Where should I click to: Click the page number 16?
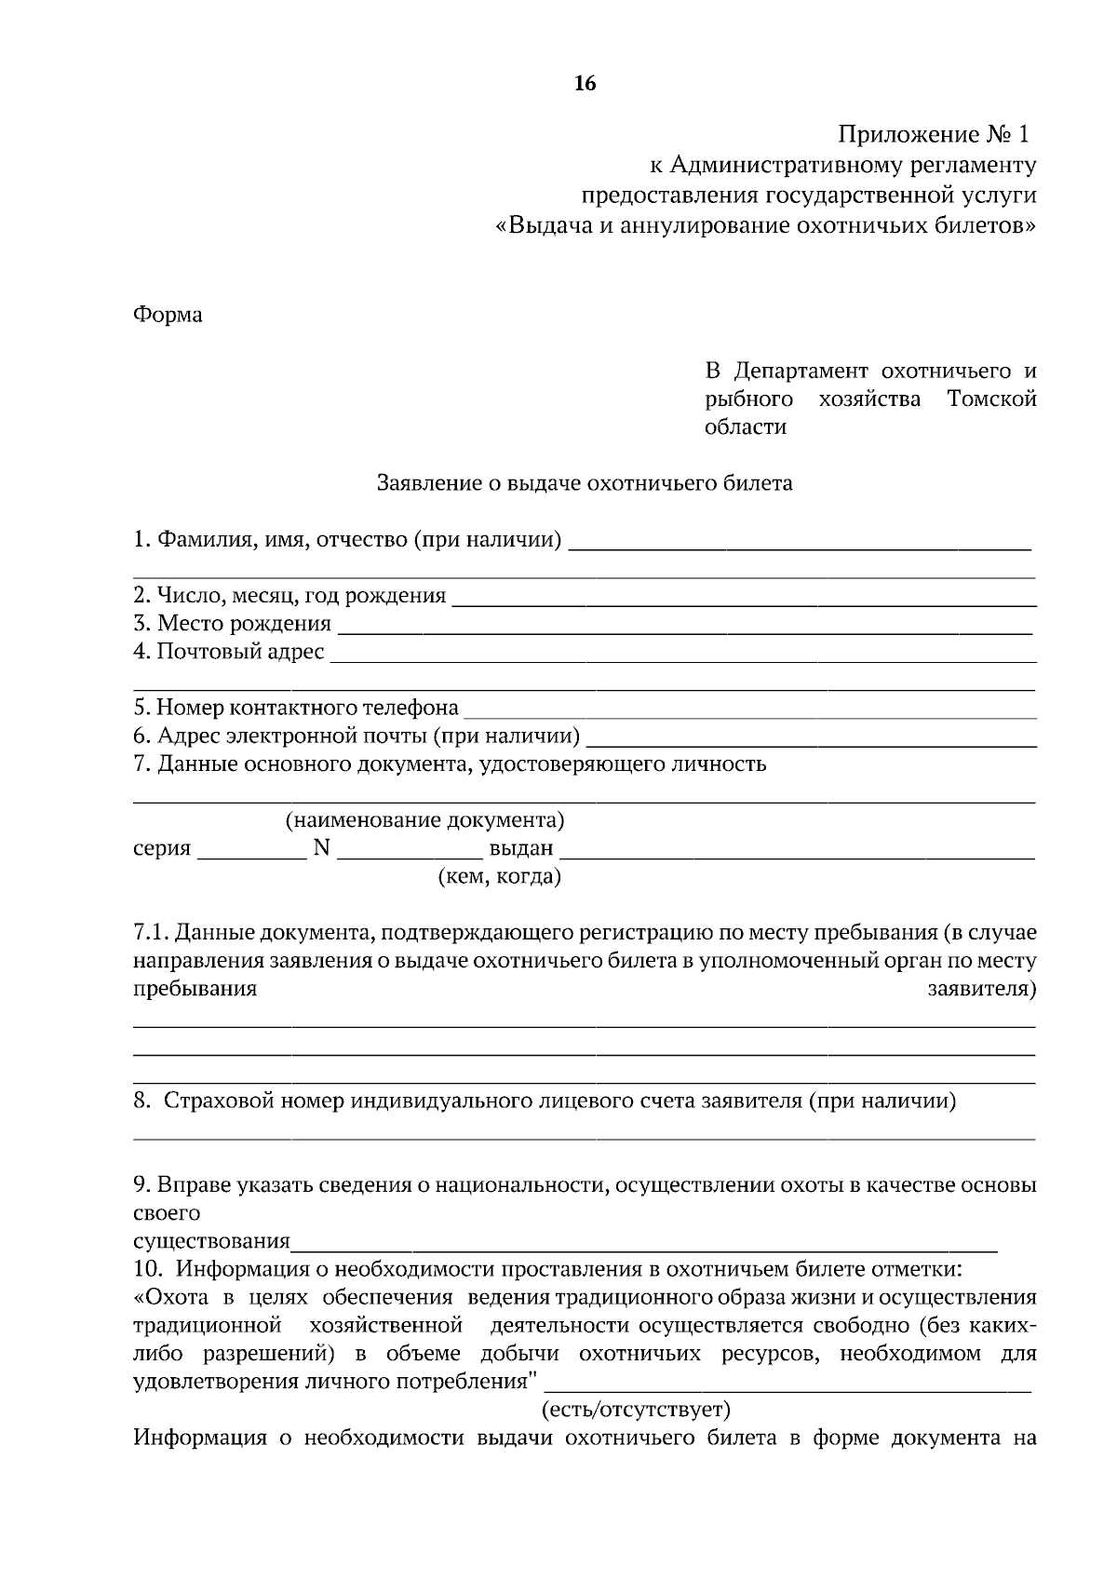[585, 84]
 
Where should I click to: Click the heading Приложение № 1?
[935, 136]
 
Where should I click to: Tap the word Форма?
[168, 315]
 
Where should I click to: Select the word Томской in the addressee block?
[991, 399]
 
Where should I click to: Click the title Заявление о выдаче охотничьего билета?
[585, 483]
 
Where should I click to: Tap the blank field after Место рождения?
[684, 626]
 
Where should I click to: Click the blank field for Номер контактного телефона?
[749, 710]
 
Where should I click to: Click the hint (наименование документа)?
[424, 821]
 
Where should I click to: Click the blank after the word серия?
[252, 850]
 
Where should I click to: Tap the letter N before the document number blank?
[322, 848]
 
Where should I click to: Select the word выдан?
[521, 849]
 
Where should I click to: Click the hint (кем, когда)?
[499, 877]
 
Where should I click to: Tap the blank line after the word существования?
[642, 1243]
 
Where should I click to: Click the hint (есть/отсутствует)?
[637, 1409]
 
